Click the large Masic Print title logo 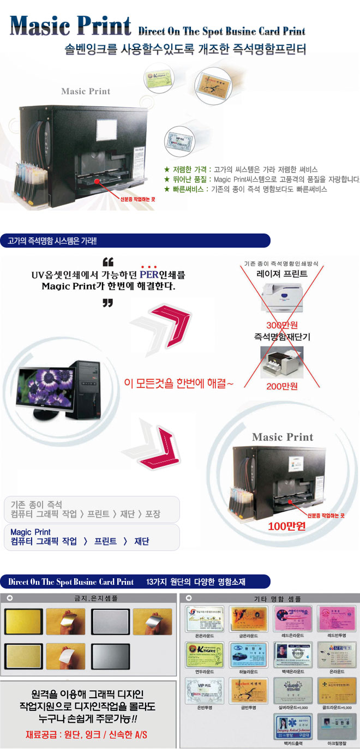(71, 25)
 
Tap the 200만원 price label (282, 386)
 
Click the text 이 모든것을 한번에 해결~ (179, 384)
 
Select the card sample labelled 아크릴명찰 (336, 726)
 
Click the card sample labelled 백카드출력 (292, 726)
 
